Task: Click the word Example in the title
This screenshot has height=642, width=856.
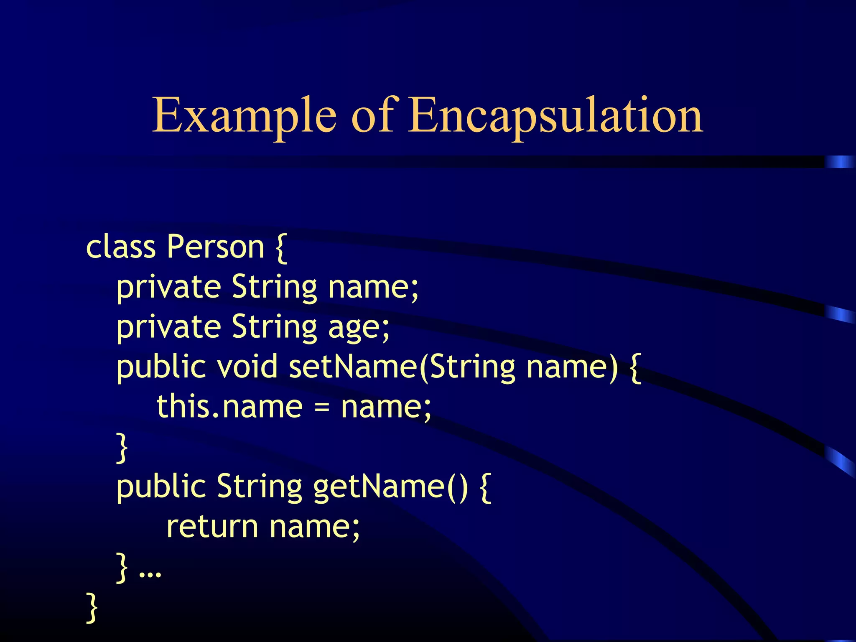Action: pos(244,115)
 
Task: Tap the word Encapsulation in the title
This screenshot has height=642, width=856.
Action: pos(556,115)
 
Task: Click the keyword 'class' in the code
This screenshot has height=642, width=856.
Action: pos(120,247)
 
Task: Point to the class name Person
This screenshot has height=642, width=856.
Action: pos(216,247)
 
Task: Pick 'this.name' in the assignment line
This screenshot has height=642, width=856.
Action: pos(229,406)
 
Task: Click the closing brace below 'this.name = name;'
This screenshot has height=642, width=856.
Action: pos(122,448)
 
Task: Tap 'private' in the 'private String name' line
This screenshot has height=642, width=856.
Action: pos(168,288)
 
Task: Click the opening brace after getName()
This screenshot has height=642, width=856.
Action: pos(486,487)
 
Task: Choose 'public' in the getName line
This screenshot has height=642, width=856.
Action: pos(161,487)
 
